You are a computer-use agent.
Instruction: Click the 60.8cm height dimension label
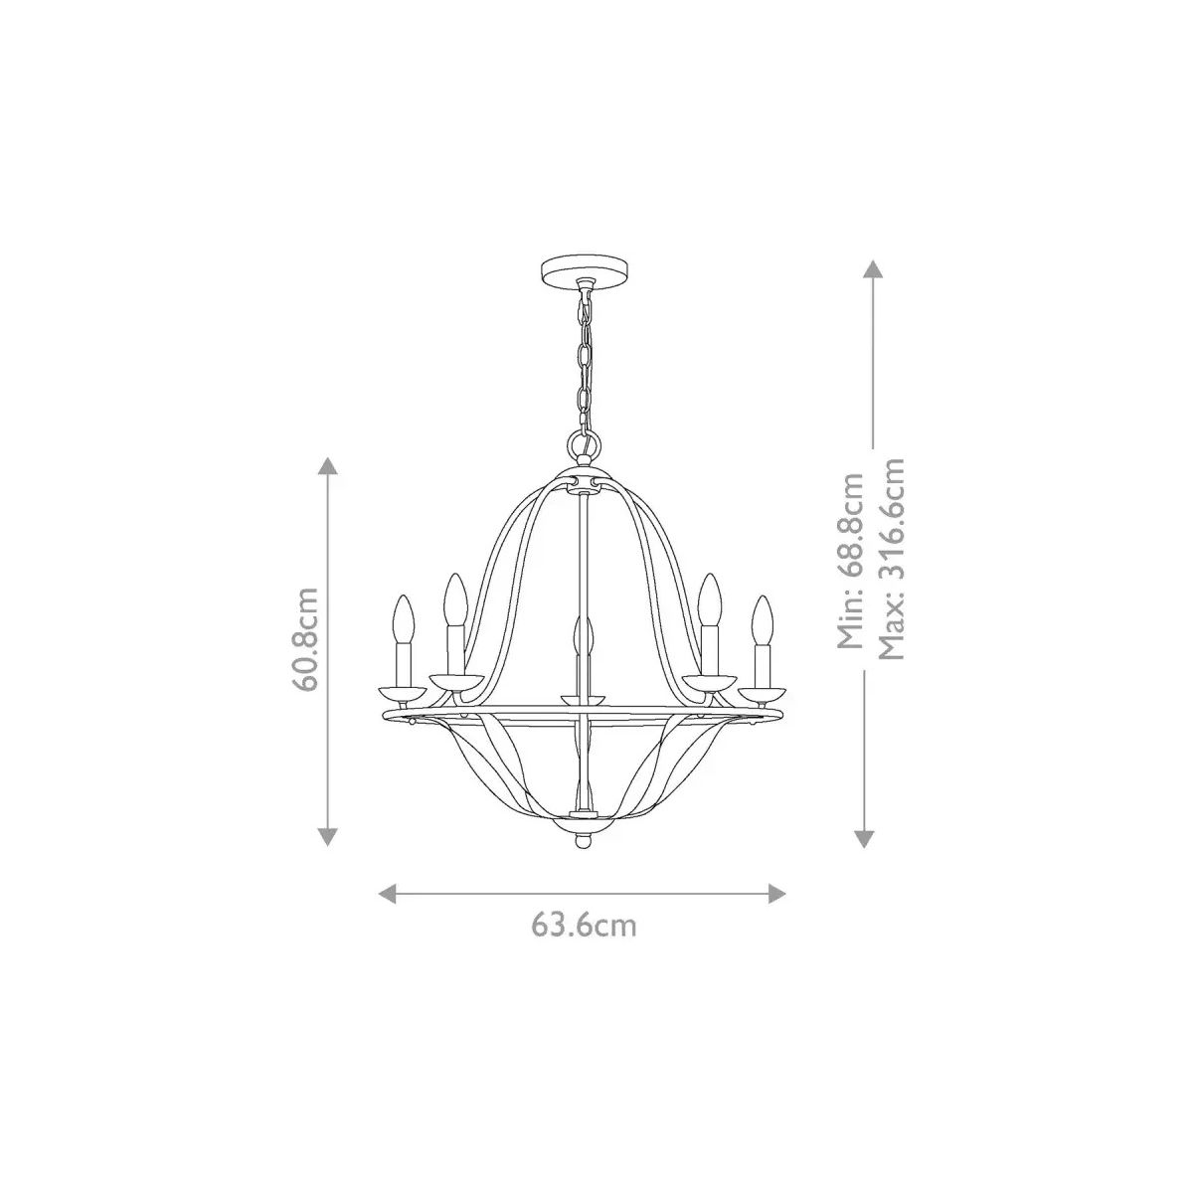[x=306, y=638]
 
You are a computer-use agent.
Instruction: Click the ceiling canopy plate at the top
[x=585, y=269]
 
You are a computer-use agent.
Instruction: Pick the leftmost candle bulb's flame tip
[x=404, y=596]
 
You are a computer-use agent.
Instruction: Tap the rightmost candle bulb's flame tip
[x=764, y=596]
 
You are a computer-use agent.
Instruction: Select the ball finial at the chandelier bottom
[x=584, y=842]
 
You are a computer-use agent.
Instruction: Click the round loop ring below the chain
[x=584, y=443]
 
